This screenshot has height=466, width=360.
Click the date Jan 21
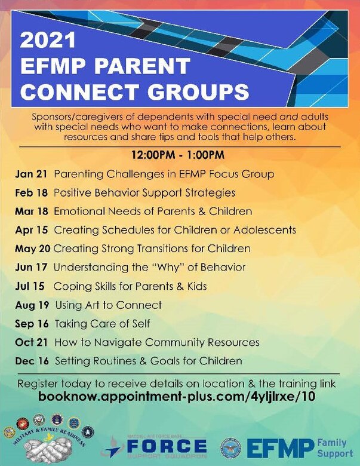(x=32, y=174)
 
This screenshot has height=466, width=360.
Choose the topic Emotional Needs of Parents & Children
(x=153, y=211)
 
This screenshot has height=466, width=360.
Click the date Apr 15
(x=32, y=230)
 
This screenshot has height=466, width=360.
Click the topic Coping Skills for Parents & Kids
(x=130, y=286)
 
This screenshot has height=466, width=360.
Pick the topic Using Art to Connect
(x=108, y=305)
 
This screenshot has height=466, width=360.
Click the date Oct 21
(x=32, y=342)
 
